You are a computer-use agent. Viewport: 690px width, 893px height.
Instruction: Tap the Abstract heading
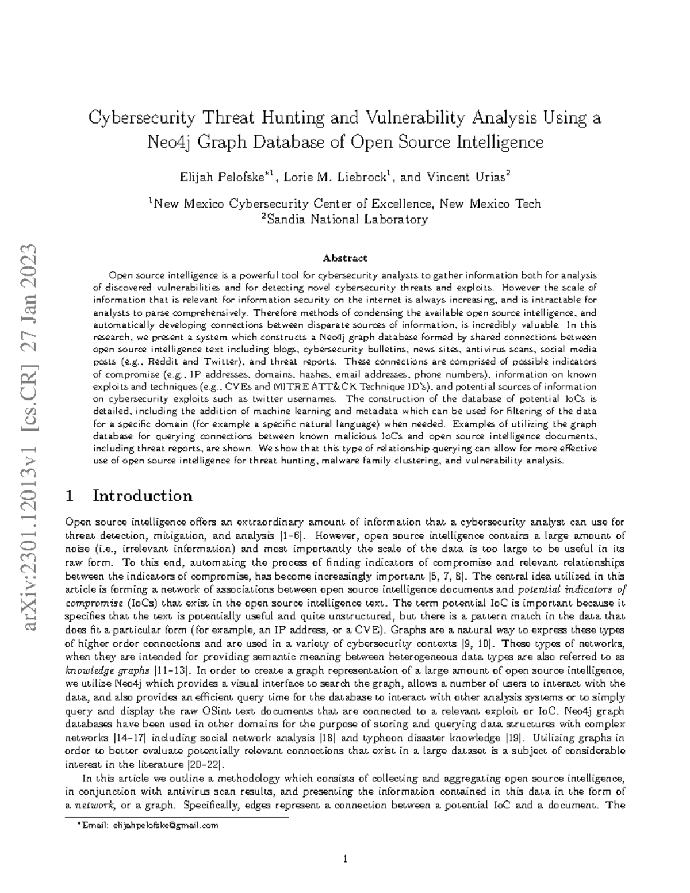tap(344, 258)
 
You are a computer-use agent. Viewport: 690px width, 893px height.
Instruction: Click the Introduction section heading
tap(142, 496)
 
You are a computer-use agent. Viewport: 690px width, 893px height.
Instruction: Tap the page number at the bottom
tap(345, 860)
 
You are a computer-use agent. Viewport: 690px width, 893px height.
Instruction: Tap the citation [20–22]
tap(206, 764)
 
